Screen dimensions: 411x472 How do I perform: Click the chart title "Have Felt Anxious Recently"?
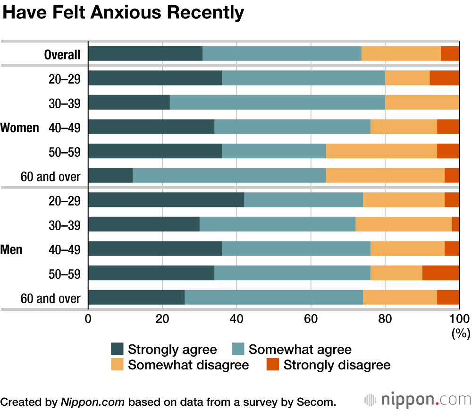click(x=124, y=13)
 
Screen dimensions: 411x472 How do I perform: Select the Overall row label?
click(x=62, y=54)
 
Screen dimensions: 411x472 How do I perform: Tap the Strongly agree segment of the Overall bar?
click(x=145, y=54)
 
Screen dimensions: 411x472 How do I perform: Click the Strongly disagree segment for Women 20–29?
click(x=444, y=78)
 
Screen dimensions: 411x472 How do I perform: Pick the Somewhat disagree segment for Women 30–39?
click(x=422, y=103)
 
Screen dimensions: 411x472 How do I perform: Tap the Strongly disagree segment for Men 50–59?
click(x=440, y=273)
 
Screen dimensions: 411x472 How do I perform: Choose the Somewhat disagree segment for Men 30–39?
click(x=404, y=224)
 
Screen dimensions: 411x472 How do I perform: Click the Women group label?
click(x=20, y=128)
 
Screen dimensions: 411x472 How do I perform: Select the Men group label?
click(x=12, y=249)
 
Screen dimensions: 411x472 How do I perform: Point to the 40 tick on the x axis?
click(x=236, y=318)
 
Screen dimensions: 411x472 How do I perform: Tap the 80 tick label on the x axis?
click(x=385, y=318)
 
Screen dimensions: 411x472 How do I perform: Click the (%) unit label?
click(x=461, y=334)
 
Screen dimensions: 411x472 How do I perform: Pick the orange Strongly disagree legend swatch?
click(x=272, y=365)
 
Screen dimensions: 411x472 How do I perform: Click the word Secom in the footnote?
click(x=319, y=402)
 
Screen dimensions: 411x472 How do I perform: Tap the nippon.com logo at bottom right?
click(x=418, y=401)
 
